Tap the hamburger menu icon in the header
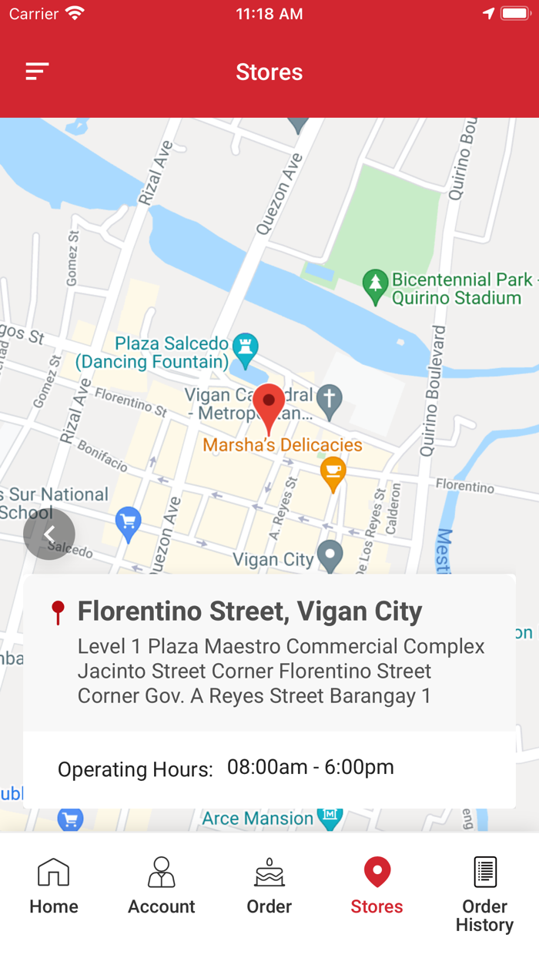tap(37, 72)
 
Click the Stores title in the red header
tap(269, 72)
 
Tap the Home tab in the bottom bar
tap(54, 886)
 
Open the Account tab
tap(162, 886)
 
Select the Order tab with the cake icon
tap(269, 886)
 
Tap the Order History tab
tap(484, 893)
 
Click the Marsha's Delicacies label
tap(283, 445)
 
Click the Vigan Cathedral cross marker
tap(330, 400)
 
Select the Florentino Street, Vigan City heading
tap(249, 611)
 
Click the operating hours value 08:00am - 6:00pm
tap(310, 767)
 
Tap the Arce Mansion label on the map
tap(258, 819)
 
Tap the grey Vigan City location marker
tap(330, 554)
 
